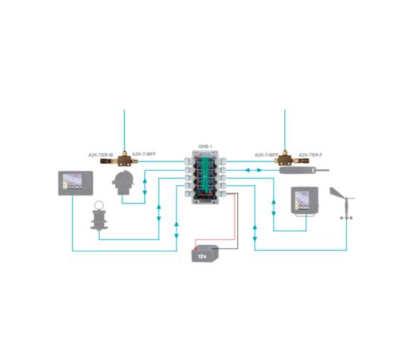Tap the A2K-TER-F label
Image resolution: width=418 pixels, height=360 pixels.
(x=311, y=154)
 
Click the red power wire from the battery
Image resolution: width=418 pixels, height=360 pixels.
(x=237, y=213)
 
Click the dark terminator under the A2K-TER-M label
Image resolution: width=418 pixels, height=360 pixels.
(x=108, y=162)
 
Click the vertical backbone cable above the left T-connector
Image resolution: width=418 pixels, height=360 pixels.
(x=124, y=128)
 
